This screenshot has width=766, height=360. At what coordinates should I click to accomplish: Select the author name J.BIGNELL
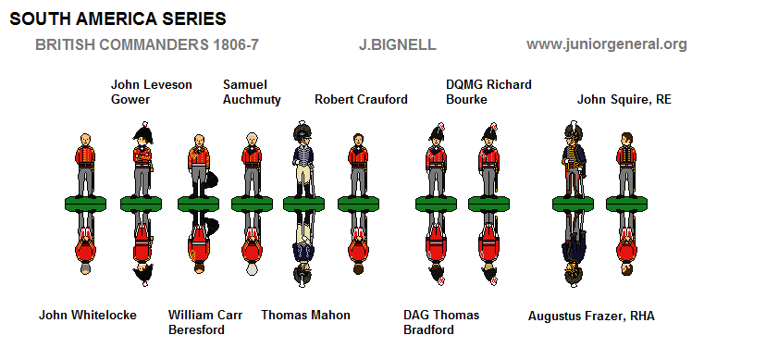pyautogui.click(x=397, y=44)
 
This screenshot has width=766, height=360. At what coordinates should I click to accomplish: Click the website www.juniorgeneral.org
pyautogui.click(x=606, y=44)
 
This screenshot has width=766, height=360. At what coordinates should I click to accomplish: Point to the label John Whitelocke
pyautogui.click(x=87, y=315)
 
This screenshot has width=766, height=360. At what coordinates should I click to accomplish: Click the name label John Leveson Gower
pyautogui.click(x=152, y=92)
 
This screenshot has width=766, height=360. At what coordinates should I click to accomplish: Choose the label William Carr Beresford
pyautogui.click(x=205, y=322)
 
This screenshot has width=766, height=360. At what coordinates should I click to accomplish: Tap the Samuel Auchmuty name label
pyautogui.click(x=252, y=92)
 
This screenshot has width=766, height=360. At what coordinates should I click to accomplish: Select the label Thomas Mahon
pyautogui.click(x=305, y=315)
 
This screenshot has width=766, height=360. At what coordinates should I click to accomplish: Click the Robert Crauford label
pyautogui.click(x=361, y=99)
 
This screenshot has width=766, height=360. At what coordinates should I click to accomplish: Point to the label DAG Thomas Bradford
pyautogui.click(x=441, y=322)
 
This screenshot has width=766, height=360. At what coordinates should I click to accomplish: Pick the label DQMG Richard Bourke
pyautogui.click(x=488, y=92)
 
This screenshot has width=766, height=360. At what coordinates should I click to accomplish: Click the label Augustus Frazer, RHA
pyautogui.click(x=590, y=316)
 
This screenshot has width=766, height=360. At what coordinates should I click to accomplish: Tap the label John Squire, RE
pyautogui.click(x=624, y=99)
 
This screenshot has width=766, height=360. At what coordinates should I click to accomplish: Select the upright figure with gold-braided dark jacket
pyautogui.click(x=570, y=162)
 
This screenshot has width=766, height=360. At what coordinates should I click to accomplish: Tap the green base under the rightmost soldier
pyautogui.click(x=626, y=203)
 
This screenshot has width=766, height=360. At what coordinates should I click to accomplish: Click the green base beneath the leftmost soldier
pyautogui.click(x=84, y=203)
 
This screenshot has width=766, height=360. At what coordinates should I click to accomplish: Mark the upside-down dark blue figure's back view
pyautogui.click(x=302, y=245)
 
